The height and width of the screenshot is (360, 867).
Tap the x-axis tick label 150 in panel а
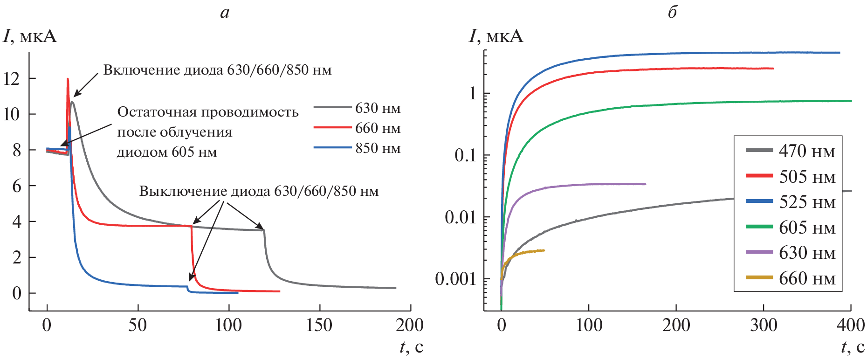tap(319, 325)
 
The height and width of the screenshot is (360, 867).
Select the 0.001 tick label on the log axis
tap(456, 279)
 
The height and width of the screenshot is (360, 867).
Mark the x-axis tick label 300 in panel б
tap(764, 325)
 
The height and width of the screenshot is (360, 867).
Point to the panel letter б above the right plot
tap(672, 12)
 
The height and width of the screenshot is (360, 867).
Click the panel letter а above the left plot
tap(225, 12)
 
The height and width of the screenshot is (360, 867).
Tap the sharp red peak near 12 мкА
tap(68, 79)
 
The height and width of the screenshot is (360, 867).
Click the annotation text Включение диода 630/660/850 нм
tap(217, 70)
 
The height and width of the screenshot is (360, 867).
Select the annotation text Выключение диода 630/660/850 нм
tap(259, 191)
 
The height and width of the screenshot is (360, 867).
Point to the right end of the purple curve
tap(646, 184)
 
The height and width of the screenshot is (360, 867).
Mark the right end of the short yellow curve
tap(544, 250)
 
